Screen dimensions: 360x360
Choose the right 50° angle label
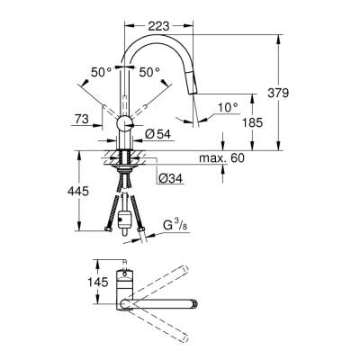coord(149,71)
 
